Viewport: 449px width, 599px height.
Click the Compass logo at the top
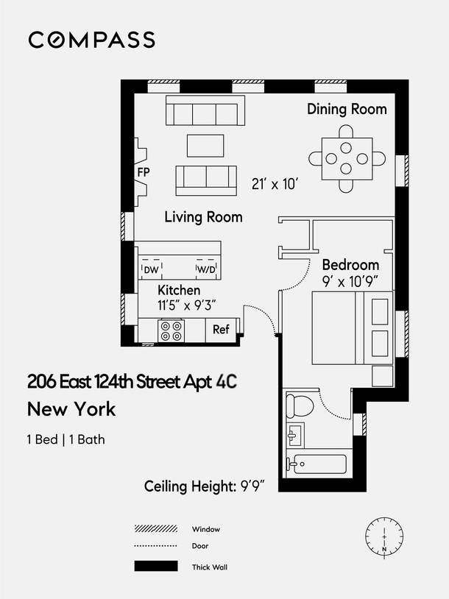[92, 40]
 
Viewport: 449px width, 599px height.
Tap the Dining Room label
[347, 109]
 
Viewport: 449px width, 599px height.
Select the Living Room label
[203, 217]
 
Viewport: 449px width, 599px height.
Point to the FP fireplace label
[144, 171]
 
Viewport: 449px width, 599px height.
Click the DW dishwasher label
[151, 270]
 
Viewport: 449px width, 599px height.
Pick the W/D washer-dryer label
[205, 270]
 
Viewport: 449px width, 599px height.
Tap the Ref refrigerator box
[222, 330]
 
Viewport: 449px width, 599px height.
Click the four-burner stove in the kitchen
[172, 330]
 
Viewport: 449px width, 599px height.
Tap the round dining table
[347, 157]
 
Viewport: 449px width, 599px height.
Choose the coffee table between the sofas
[205, 145]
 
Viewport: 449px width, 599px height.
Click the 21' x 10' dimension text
[274, 184]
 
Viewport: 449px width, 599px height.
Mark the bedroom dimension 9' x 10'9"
[351, 280]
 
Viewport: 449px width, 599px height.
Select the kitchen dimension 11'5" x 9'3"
[186, 306]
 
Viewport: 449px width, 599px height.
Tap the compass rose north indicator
[383, 537]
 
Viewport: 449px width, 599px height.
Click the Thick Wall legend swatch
[156, 567]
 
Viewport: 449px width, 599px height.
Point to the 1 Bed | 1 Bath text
[66, 440]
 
